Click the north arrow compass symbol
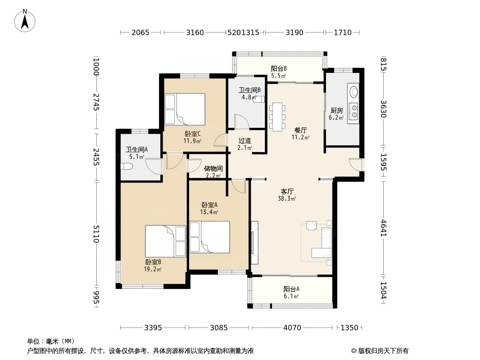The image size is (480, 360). point(25,21)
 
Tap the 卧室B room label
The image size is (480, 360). point(153,262)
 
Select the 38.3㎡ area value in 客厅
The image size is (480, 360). point(287,199)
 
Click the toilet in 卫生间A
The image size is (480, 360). point(127,166)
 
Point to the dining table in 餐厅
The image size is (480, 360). point(277,117)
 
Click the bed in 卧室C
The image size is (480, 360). point(185,109)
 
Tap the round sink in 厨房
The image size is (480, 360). point(354,91)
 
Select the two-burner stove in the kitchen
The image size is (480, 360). point(354,111)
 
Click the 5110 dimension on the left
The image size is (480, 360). point(96,234)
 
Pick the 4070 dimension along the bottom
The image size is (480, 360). point(292,328)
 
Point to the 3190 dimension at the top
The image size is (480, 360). point(294,32)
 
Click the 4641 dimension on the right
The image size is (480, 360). point(384,228)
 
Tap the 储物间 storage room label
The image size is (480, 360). point(213,169)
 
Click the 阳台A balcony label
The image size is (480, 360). point(291,289)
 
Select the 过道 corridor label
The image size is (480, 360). point(245,141)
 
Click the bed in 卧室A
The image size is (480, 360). point(210,237)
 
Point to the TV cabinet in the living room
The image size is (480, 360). point(254,243)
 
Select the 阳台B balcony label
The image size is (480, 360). point(279,68)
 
